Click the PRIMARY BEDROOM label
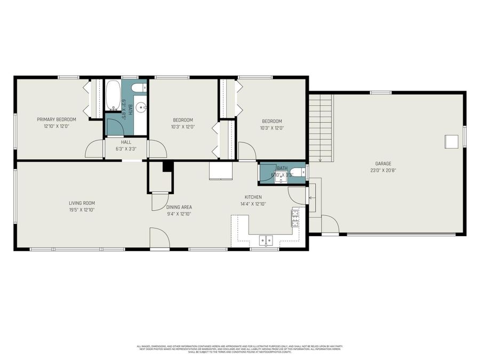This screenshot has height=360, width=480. (57, 119)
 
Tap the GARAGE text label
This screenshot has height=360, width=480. (383, 164)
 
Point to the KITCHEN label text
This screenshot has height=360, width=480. (253, 197)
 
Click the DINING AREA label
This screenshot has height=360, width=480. (179, 207)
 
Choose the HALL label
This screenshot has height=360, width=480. (126, 142)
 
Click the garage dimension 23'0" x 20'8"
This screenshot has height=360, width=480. (383, 171)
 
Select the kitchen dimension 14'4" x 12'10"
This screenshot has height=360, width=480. (253, 204)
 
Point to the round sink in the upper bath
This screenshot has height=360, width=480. (142, 107)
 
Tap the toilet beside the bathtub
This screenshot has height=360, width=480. (137, 87)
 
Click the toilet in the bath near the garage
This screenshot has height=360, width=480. (302, 172)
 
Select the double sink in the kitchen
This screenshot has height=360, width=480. (266, 241)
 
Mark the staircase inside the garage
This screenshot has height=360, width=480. (321, 128)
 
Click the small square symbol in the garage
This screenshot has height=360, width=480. (452, 141)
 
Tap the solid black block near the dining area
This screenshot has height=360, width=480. (167, 166)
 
